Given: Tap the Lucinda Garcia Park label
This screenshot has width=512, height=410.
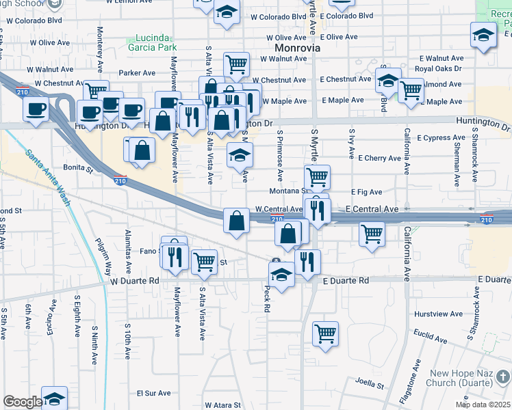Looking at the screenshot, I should [x=151, y=42].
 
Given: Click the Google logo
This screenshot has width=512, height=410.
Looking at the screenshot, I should [x=21, y=402].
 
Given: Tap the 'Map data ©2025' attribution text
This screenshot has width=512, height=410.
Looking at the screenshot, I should [x=483, y=405].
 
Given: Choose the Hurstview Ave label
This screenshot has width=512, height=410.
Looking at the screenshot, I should [x=439, y=314].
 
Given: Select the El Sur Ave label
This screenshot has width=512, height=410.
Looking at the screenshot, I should [x=153, y=393].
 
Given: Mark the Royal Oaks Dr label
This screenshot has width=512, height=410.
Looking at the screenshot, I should [x=438, y=69].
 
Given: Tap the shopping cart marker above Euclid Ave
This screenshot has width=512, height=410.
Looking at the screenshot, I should [x=326, y=333].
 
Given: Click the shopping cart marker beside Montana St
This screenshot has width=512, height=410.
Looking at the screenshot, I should [x=317, y=177].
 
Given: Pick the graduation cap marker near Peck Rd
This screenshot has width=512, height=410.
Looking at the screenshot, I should [x=281, y=274].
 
